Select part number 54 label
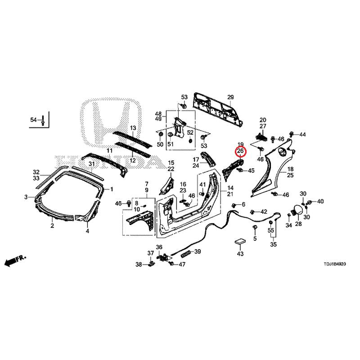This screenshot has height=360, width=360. coord(33,120)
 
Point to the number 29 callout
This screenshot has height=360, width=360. coord(230,98)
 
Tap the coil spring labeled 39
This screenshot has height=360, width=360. coord(186,253)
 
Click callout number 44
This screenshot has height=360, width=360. coord(302,135)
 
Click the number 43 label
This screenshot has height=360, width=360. coord(240,254)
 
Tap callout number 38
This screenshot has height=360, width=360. coord(139,264)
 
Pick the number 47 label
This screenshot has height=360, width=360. coord(182,264)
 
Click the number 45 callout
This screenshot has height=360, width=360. coord(251,171)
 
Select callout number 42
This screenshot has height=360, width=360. coord(264,211)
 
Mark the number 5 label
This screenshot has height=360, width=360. coord(254,238)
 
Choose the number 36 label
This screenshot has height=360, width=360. coord(159,247)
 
